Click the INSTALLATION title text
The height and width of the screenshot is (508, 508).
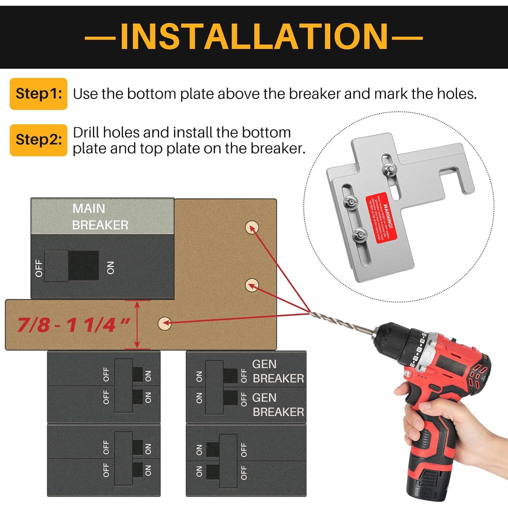(x=254, y=36)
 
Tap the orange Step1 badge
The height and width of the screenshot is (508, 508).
(x=39, y=94)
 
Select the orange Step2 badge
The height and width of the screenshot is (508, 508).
(x=39, y=140)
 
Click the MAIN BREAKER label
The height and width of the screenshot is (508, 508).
(x=100, y=217)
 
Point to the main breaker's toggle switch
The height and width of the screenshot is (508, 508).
(x=72, y=266)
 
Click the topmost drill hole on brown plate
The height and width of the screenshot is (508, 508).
(x=252, y=227)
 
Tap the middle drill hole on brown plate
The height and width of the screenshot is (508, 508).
(x=252, y=285)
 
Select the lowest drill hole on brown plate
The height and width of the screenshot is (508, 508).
(x=165, y=323)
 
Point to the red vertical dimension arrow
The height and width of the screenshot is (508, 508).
(x=137, y=324)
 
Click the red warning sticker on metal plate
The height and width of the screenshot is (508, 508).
(x=381, y=217)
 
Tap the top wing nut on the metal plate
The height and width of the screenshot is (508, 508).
(x=389, y=168)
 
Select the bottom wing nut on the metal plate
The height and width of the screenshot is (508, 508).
(x=360, y=234)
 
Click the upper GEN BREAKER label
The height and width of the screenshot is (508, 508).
(x=278, y=371)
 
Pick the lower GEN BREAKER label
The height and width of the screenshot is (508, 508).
(x=278, y=405)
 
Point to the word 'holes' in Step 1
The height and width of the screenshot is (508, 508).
(x=456, y=94)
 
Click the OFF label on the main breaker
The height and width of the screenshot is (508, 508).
(x=39, y=268)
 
